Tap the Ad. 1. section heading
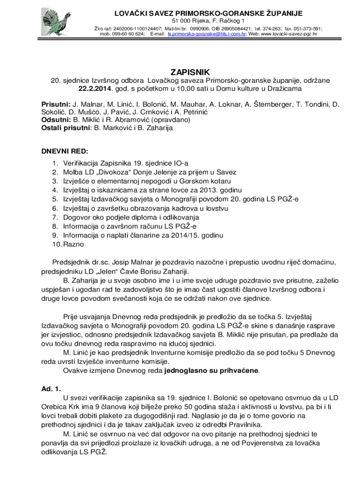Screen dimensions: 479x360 coord(51,389)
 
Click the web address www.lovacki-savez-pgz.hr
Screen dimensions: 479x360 coord(289,34)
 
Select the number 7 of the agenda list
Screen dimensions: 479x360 coord(55,217)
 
